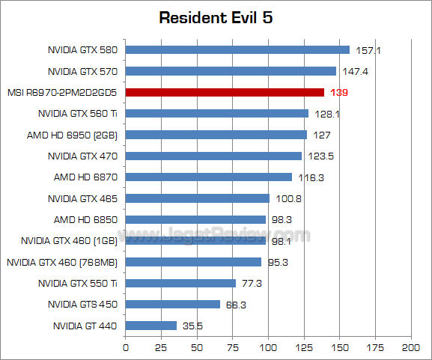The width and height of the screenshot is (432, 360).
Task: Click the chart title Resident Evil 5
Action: (x=216, y=17)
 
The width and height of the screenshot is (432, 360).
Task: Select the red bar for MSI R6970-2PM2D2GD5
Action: (x=225, y=92)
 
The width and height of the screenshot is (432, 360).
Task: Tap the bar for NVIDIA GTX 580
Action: (x=237, y=50)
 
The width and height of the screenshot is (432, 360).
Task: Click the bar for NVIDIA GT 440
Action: (x=150, y=326)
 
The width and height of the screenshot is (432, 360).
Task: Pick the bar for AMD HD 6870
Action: (x=208, y=177)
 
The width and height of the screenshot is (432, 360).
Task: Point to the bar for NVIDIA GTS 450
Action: (x=172, y=305)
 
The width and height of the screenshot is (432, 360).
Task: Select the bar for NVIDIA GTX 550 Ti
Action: (x=180, y=284)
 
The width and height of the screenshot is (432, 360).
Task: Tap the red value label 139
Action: (x=339, y=93)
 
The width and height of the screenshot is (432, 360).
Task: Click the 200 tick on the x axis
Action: (x=410, y=348)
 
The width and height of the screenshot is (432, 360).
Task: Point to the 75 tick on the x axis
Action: (x=232, y=348)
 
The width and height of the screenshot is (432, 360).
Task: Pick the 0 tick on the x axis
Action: (x=125, y=348)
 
